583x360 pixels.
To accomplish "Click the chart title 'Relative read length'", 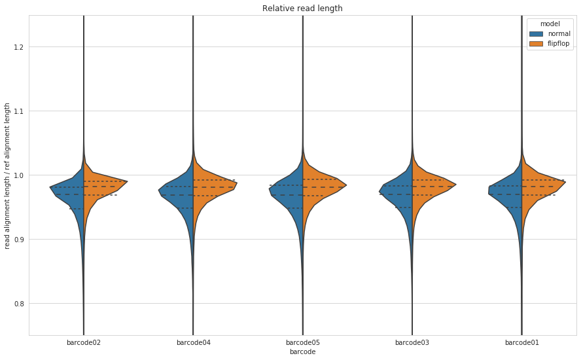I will tap(302, 9).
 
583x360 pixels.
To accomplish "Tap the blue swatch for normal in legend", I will tap(537, 33).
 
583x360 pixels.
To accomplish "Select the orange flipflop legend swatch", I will tap(537, 43).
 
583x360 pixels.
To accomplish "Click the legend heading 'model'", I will tap(549, 24).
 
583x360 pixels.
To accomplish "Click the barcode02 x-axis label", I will tap(84, 342).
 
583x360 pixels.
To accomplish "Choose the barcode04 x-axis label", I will tap(193, 342).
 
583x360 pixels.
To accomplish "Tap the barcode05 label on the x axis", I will tap(302, 342).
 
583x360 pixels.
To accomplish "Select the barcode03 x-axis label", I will tap(412, 342).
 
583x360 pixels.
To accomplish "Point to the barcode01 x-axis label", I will tap(521, 342).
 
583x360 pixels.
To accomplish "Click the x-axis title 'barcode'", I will tap(302, 352).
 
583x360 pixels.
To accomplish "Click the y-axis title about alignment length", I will tap(8, 175).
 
